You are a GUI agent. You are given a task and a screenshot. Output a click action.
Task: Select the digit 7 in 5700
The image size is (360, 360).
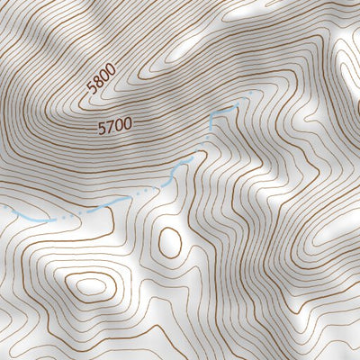click(x=107, y=129)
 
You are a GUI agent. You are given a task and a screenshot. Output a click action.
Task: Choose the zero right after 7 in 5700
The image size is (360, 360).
click(x=117, y=127)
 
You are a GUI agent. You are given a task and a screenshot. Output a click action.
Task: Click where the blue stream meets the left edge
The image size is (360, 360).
click(x=3, y=208)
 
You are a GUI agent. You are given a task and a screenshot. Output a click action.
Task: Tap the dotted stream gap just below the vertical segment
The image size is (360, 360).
click(x=204, y=144)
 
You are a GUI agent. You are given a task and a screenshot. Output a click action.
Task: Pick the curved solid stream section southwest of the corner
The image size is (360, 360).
click(x=176, y=171)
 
